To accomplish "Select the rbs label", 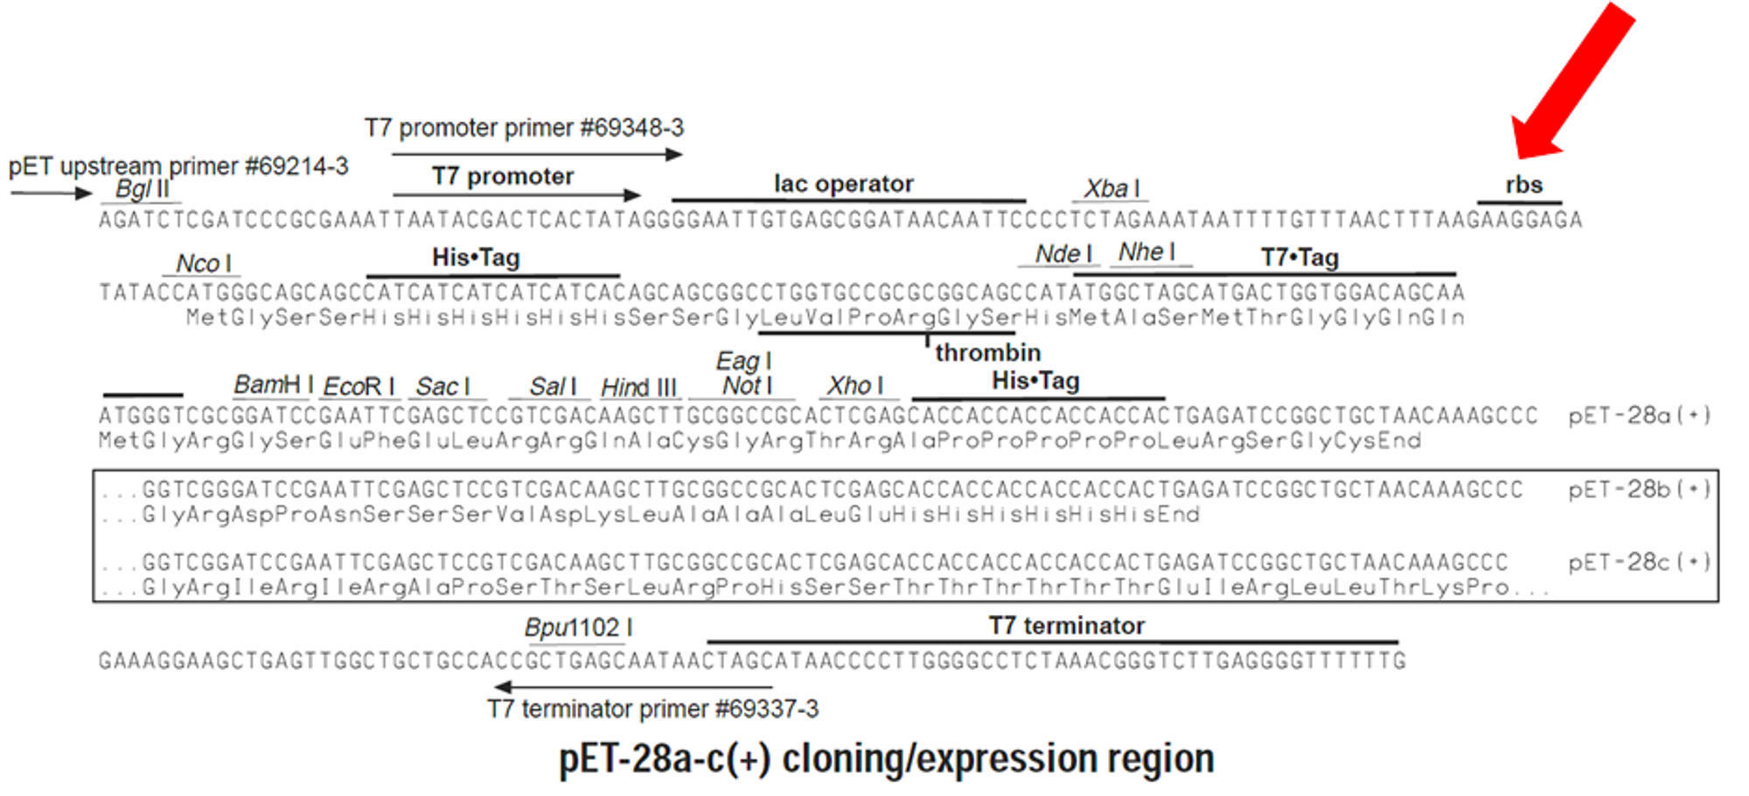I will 1523,185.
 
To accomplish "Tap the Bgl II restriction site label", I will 143,189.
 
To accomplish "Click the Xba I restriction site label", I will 1111,189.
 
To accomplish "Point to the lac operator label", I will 843,184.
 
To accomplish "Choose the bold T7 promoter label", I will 503,177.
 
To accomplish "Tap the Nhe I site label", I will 1146,253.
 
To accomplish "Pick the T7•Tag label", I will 1300,257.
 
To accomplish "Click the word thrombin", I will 987,353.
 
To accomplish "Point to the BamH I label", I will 273,385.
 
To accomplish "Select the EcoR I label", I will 359,387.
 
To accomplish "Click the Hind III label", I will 638,388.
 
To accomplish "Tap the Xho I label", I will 855,386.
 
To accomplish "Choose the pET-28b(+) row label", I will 1639,489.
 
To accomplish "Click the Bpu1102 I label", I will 578,628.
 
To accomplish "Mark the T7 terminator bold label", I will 1066,626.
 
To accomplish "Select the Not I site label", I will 747,386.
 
